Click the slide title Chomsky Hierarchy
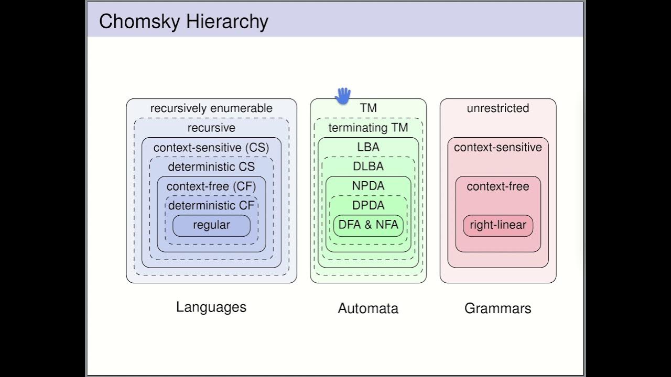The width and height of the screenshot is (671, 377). click(x=183, y=21)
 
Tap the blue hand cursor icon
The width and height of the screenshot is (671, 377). click(x=343, y=96)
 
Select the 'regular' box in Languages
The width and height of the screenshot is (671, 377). click(x=211, y=225)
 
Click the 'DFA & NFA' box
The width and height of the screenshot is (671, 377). click(x=368, y=225)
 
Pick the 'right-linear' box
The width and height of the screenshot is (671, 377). click(x=497, y=225)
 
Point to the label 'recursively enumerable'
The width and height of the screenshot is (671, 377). click(x=211, y=108)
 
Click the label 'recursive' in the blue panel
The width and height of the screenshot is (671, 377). click(x=211, y=128)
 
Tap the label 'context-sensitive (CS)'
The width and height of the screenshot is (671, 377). click(x=211, y=148)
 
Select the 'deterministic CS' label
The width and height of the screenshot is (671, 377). click(x=211, y=167)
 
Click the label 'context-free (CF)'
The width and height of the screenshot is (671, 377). click(x=211, y=186)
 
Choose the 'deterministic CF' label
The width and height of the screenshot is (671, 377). click(x=211, y=206)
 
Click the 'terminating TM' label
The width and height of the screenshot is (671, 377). click(x=368, y=128)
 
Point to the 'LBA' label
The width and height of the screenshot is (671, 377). click(x=368, y=147)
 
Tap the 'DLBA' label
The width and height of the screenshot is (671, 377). click(x=368, y=167)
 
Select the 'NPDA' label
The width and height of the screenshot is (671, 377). click(x=368, y=186)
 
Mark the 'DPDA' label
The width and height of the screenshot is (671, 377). click(x=368, y=205)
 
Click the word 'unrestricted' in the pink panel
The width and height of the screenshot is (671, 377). click(x=497, y=108)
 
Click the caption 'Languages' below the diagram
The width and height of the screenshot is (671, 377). click(x=211, y=307)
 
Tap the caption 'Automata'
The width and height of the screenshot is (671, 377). click(x=368, y=308)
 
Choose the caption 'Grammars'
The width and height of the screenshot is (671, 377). click(x=497, y=308)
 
